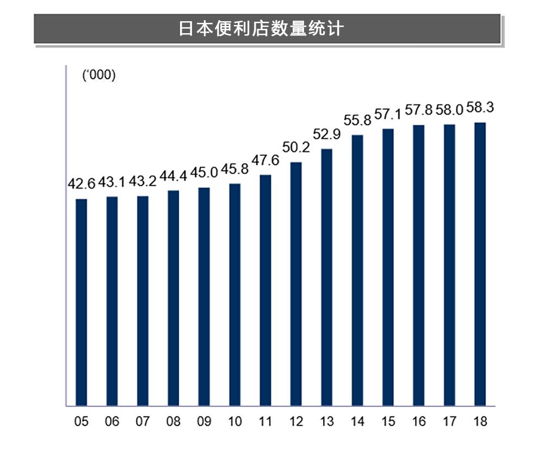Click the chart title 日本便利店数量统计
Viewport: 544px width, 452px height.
261,28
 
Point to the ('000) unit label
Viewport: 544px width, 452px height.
98,76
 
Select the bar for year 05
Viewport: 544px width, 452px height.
82,302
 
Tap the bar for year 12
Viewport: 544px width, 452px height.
296,283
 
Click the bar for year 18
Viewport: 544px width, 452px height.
480,264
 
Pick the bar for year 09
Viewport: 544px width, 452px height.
204,296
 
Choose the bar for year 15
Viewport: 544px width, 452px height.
388,267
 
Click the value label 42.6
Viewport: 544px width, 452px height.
81,184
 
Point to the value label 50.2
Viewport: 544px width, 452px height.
296,147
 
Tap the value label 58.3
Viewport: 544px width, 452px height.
480,108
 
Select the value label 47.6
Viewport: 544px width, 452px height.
265,160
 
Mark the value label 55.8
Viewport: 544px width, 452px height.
357,120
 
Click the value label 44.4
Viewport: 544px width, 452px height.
174,176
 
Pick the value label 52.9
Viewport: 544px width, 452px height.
326,134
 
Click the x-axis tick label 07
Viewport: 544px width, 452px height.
143,422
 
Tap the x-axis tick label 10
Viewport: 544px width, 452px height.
234,422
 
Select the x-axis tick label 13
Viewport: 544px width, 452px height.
326,422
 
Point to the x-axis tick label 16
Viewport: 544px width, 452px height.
418,422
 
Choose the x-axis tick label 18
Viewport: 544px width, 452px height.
480,422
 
